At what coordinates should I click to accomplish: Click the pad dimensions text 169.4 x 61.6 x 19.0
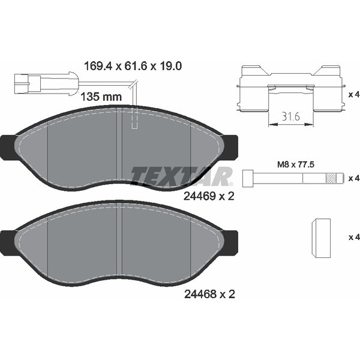pyautogui.click(x=133, y=66)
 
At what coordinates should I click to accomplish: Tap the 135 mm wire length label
pyautogui.click(x=101, y=97)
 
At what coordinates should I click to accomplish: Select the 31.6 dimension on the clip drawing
pyautogui.click(x=291, y=116)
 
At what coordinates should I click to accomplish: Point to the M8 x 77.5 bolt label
pyautogui.click(x=295, y=164)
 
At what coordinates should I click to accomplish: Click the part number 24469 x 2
pyautogui.click(x=209, y=196)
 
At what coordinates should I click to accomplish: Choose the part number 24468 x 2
pyautogui.click(x=209, y=294)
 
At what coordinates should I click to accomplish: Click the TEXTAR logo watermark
pyautogui.click(x=182, y=176)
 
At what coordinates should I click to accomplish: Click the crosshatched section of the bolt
pyautogui.click(x=331, y=178)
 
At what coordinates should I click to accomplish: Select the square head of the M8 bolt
pyautogui.click(x=248, y=178)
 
